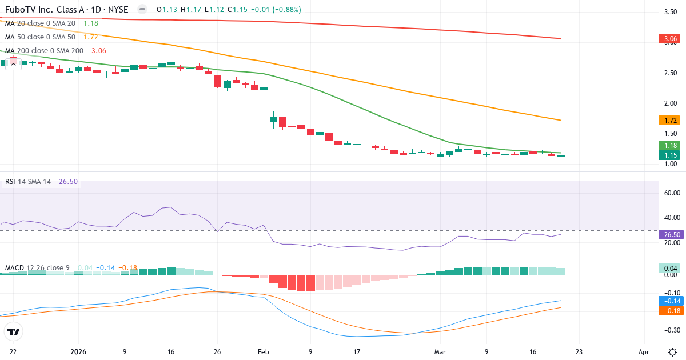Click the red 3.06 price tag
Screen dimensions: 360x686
(671, 39)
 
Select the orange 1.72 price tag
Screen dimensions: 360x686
(671, 121)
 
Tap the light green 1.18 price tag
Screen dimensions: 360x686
(671, 145)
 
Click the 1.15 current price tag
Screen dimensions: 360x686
(671, 155)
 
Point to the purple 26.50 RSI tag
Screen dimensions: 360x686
(671, 234)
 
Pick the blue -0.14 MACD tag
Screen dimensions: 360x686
(671, 301)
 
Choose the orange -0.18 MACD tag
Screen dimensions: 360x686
(671, 310)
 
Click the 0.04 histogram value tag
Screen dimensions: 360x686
(671, 268)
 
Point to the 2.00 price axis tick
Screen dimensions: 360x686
(671, 103)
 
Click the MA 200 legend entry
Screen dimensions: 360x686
(45, 50)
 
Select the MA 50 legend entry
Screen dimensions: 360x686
(40, 37)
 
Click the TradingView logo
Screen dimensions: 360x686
(13, 331)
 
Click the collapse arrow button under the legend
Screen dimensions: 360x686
(13, 64)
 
